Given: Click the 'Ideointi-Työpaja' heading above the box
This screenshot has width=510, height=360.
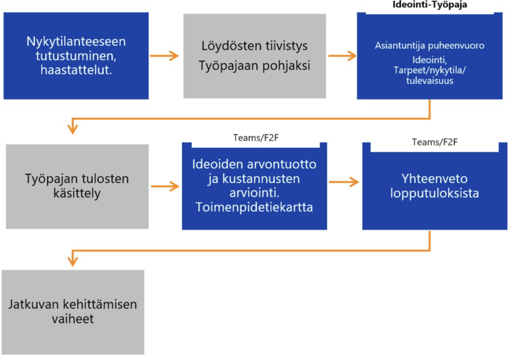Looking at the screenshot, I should click(429, 5).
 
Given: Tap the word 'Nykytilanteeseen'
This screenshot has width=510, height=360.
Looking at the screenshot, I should click(76, 41).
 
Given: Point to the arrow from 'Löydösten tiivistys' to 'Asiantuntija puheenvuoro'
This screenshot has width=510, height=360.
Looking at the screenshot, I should click(342, 56).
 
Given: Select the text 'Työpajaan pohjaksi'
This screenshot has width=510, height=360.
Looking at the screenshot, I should click(254, 65).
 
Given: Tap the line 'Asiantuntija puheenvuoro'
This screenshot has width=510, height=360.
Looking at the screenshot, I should click(430, 46).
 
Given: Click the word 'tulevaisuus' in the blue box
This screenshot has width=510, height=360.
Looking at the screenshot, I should click(430, 81).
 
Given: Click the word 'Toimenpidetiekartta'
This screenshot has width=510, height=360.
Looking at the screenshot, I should click(254, 208).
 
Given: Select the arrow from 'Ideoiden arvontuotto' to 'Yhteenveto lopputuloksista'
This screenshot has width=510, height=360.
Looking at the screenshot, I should click(344, 182).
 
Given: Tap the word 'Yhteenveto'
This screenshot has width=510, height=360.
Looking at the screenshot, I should click(434, 179).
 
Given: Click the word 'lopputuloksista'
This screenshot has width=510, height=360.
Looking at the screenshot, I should click(434, 194).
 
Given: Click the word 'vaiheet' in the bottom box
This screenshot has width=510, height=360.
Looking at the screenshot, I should click(72, 318).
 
